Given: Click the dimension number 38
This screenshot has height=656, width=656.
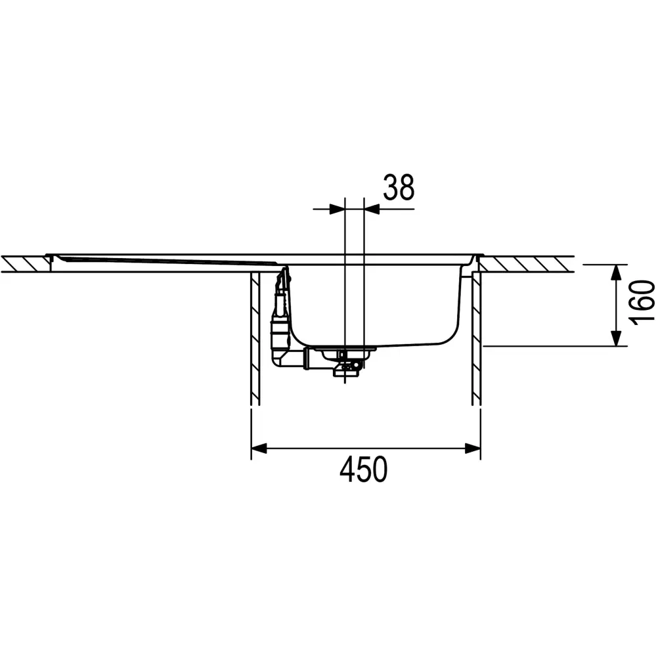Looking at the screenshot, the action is point(399,187).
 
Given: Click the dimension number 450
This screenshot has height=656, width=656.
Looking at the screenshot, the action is point(364,470).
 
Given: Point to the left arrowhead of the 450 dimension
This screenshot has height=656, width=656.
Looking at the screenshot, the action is point(259,448).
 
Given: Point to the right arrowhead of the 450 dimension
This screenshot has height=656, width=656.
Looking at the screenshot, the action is point(473,448).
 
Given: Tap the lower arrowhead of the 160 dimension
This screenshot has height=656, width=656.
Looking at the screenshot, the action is point(615,338).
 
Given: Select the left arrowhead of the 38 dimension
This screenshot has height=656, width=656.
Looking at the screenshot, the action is point(337,209).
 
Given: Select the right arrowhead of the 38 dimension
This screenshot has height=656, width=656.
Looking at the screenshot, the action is point(372,209).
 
